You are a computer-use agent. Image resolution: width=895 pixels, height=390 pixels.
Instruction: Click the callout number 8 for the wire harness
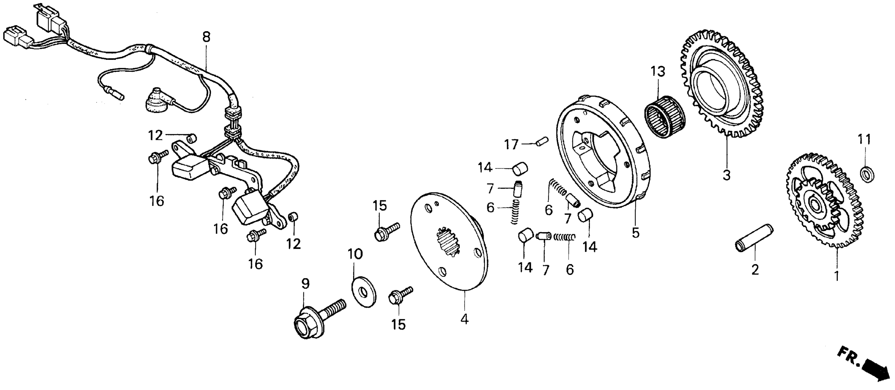pos(206,37)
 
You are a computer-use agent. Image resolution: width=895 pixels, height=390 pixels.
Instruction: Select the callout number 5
pos(636,233)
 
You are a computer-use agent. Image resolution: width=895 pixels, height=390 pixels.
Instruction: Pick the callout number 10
pos(355,254)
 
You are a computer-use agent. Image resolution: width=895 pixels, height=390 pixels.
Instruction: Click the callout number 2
pos(755,270)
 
